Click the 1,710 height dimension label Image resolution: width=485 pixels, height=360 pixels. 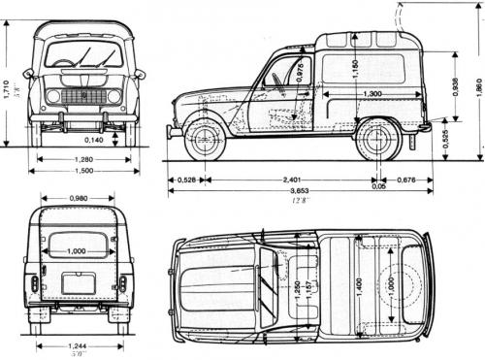point(8,89)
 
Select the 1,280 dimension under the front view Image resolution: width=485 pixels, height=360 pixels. point(83,158)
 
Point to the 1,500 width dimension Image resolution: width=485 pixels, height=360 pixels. point(83,171)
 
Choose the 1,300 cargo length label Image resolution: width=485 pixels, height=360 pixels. point(365,94)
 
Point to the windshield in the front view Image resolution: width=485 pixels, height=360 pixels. point(83,54)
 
